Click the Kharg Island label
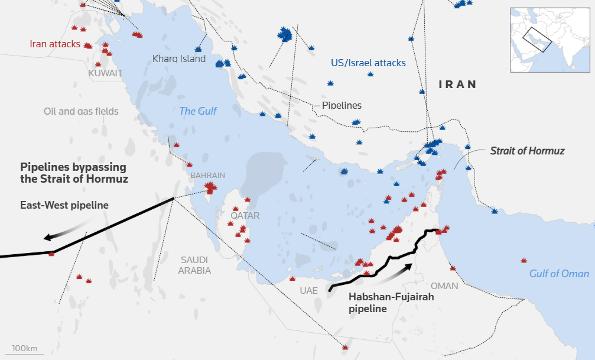click(x=179, y=59)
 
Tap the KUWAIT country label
click(x=106, y=73)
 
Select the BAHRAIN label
click(x=207, y=176)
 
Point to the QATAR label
click(x=245, y=216)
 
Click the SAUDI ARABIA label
click(x=196, y=265)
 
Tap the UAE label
click(x=308, y=291)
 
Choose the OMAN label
click(x=444, y=286)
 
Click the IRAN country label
click(x=457, y=85)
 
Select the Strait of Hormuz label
click(x=527, y=151)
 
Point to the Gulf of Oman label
click(x=559, y=273)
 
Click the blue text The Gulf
click(x=198, y=111)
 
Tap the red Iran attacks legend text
click(x=55, y=44)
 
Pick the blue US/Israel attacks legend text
click(x=368, y=63)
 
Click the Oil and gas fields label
click(x=81, y=111)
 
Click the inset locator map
click(x=551, y=40)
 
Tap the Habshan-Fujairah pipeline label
click(x=391, y=303)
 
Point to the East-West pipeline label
click(x=64, y=205)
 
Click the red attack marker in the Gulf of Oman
click(x=524, y=261)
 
